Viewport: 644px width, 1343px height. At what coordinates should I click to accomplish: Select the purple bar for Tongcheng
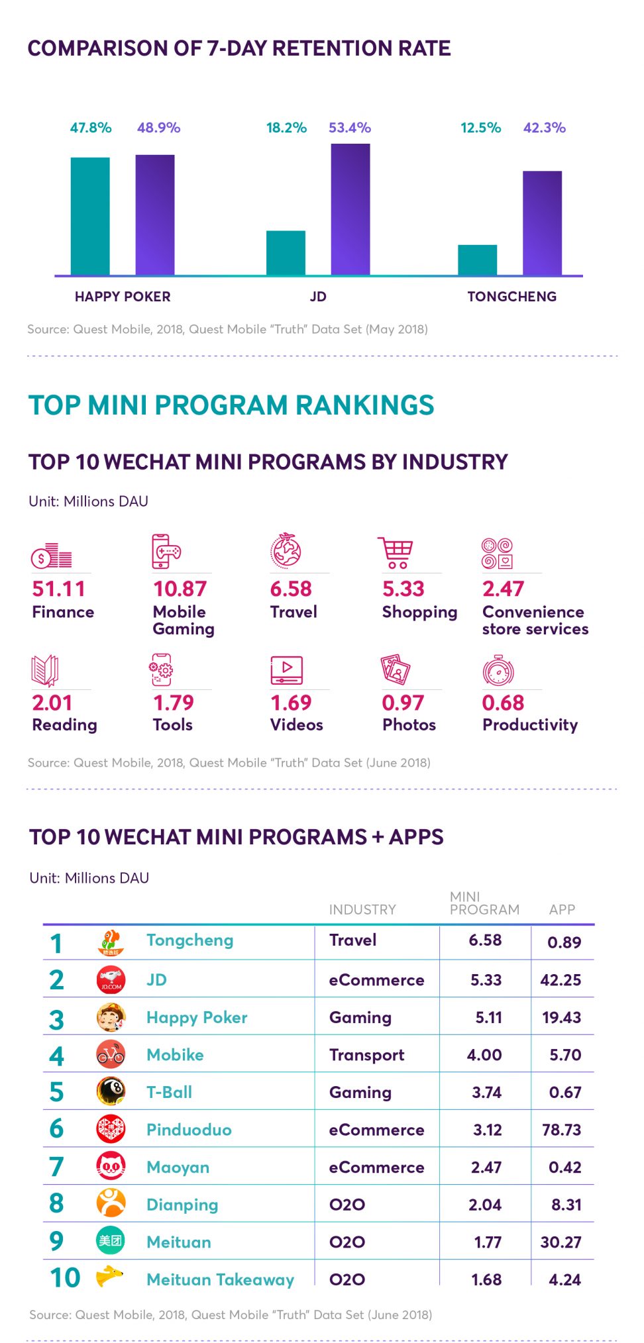pos(542,223)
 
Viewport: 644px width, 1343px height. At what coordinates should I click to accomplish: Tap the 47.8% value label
pos(91,128)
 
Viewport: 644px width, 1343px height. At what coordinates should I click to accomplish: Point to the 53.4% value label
pos(349,128)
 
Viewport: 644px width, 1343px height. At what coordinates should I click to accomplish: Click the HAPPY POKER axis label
pos(123,297)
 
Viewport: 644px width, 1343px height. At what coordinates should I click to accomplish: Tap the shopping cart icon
pos(396,552)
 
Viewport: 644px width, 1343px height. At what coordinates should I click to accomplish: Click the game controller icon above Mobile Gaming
pos(166,551)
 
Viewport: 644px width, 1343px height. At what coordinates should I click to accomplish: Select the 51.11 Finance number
pos(58,589)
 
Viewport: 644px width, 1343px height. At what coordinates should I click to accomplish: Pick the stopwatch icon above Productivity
pos(498,670)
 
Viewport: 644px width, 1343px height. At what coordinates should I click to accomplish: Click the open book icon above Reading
pos(45,670)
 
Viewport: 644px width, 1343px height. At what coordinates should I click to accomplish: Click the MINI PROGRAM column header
pos(484,903)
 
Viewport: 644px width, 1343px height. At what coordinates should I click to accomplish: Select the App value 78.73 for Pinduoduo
pos(561,1130)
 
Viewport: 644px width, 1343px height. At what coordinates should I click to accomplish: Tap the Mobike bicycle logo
pos(111,1055)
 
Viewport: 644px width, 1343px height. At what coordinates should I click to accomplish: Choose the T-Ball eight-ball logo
pos(111,1091)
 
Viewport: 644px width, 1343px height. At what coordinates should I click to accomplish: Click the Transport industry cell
pos(366,1055)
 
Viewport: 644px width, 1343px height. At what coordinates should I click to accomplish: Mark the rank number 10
pos(65,1277)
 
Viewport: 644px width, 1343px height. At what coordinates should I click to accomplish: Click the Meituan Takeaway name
pos(220,1279)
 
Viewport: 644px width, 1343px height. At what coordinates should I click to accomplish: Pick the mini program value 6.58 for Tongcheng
pos(485,940)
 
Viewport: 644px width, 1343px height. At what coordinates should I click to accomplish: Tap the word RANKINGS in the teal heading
pos(364,405)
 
